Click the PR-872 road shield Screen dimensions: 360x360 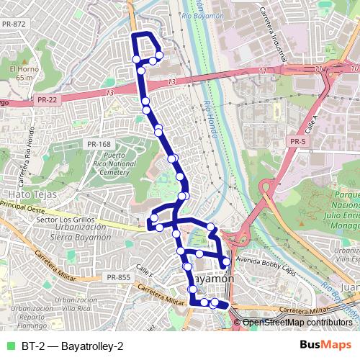pos(14,24)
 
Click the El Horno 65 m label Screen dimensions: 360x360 pos(22,73)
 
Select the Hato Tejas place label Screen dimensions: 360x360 pos(27,194)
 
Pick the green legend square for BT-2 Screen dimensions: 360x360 pos(10,346)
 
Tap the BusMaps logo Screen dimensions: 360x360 pos(325,346)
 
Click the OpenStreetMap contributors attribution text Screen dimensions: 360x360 pos(297,323)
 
